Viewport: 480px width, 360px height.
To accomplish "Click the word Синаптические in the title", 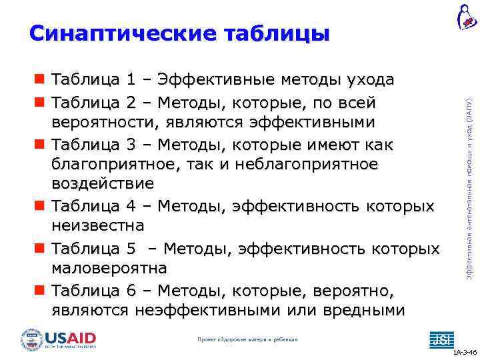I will tap(121, 33).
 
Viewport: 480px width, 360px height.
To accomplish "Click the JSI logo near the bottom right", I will tap(440, 339).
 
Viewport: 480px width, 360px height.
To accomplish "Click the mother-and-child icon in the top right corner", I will tap(466, 17).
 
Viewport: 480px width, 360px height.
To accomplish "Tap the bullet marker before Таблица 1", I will tap(40, 81).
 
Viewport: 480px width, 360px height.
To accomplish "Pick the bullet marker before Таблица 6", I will tap(40, 292).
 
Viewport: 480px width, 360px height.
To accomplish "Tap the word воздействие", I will tap(103, 183).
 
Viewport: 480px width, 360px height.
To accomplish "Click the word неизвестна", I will tap(97, 225).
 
